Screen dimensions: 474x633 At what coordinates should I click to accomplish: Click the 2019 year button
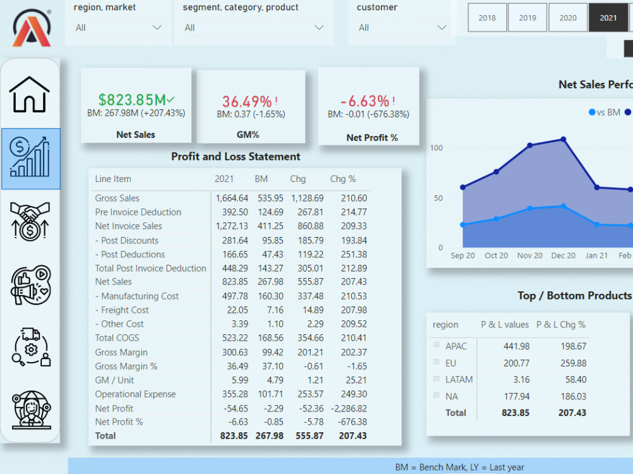pos(527,18)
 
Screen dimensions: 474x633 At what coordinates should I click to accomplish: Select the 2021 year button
pos(608,18)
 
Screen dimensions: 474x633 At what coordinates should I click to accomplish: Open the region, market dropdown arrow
pos(157,28)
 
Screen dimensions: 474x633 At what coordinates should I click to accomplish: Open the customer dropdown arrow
pos(442,28)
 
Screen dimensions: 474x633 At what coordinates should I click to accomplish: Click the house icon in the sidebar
pos(30,95)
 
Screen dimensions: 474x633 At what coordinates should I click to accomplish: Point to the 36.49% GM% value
pos(247,101)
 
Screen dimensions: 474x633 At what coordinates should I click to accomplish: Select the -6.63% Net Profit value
pos(365,101)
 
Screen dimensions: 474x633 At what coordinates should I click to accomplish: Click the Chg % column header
pos(342,179)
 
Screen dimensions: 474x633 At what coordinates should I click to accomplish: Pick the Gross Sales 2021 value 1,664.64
pos(232,198)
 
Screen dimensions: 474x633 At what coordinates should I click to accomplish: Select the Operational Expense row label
pos(135,394)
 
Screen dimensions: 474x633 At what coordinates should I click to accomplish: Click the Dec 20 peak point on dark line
pos(563,139)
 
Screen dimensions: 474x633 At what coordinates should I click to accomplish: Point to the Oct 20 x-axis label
pos(496,255)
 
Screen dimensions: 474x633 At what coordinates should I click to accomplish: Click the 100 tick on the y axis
pos(437,148)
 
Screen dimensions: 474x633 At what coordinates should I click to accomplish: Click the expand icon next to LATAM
pos(436,379)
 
